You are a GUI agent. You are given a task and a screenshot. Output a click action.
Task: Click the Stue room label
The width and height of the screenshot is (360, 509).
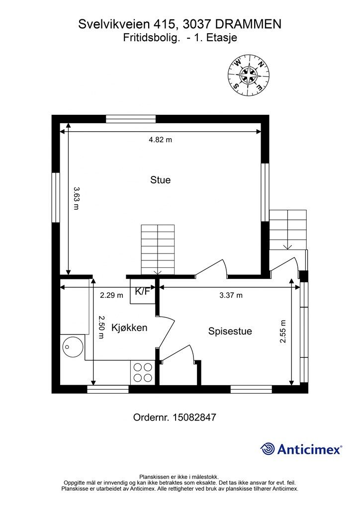click(x=161, y=180)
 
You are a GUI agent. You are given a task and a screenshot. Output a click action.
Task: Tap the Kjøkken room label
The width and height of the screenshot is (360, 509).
click(x=129, y=328)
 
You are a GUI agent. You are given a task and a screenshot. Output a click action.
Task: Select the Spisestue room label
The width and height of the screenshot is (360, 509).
click(x=230, y=332)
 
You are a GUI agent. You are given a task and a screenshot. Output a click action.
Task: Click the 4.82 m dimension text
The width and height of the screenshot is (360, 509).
click(x=161, y=140)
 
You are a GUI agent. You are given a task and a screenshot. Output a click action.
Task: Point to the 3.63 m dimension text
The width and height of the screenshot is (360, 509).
click(x=76, y=198)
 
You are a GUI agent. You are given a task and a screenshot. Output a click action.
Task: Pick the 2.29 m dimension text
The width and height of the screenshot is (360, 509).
click(x=112, y=295)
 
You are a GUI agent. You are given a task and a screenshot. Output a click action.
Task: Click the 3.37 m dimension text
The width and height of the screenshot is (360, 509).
click(x=231, y=295)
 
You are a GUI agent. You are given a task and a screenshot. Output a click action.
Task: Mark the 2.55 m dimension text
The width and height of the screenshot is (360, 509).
click(x=283, y=332)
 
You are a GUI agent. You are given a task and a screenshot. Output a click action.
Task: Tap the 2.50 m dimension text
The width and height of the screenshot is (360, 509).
click(x=101, y=327)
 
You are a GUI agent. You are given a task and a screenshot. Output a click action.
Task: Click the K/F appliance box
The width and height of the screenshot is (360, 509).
click(x=143, y=291)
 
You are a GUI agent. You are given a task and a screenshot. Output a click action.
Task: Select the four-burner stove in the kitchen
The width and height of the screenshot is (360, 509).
click(x=143, y=372)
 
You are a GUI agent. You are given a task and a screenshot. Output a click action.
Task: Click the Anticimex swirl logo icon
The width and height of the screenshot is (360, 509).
click(x=268, y=449)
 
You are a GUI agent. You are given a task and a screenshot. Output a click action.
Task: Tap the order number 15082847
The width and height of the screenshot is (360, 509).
click(x=195, y=417)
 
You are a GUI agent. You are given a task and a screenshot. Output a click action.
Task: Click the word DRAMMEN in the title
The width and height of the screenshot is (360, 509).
click(x=248, y=24)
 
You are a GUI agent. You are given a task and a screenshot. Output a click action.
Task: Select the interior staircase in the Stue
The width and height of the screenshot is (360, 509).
click(x=158, y=250)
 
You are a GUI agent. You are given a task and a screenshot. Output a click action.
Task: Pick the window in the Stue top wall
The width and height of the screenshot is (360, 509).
click(x=131, y=119)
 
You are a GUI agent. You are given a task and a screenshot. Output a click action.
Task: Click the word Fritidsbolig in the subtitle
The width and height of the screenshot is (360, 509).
click(x=151, y=38)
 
